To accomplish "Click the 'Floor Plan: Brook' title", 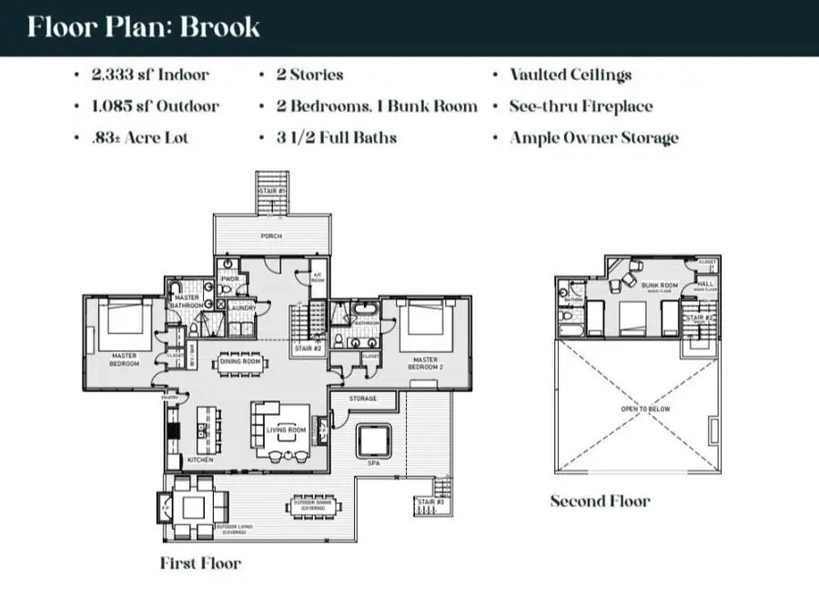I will (x=143, y=26).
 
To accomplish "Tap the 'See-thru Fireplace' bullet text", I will (x=581, y=106).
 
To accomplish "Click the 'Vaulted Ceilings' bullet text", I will (x=571, y=76).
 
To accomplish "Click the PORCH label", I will (x=270, y=237).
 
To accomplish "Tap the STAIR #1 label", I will (x=270, y=191).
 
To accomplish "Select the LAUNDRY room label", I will (x=242, y=308).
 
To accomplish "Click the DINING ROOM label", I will (x=240, y=361).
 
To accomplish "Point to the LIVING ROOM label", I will (x=285, y=429).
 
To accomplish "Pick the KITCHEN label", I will (x=200, y=460).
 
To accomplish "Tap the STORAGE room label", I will (x=363, y=398).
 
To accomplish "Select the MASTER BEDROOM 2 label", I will (x=425, y=362).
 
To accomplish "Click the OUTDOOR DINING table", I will (x=311, y=506).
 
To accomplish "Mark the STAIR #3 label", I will (x=429, y=502).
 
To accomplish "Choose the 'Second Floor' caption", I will (x=600, y=501).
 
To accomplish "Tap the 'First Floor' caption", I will (x=200, y=563).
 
